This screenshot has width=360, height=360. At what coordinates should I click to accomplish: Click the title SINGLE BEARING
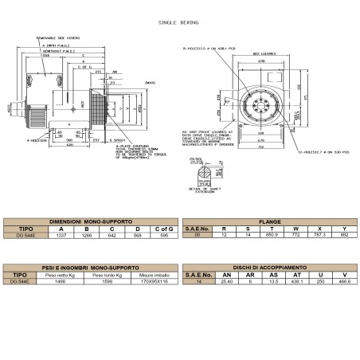pyautogui.click(x=179, y=24)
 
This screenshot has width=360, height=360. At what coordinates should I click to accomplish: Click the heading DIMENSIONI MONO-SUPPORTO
pyautogui.click(x=90, y=221)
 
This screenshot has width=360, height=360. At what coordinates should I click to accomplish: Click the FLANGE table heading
pyautogui.click(x=268, y=221)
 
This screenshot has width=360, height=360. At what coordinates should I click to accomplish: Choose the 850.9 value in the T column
pyautogui.click(x=275, y=236)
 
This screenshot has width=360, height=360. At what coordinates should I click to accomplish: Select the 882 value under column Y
pyautogui.click(x=344, y=236)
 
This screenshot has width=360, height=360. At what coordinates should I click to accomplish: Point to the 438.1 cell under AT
pyautogui.click(x=299, y=280)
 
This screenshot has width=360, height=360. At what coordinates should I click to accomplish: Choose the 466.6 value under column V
pyautogui.click(x=344, y=280)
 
